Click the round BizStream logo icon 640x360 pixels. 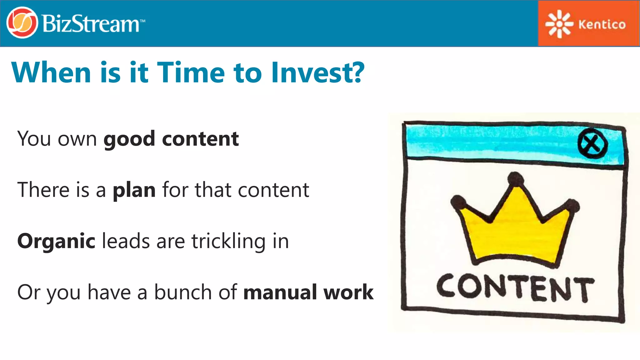pos(22,23)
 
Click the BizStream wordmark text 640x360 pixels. pos(91,24)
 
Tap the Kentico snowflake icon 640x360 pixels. pos(559,24)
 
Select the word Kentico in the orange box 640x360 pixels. pos(602,24)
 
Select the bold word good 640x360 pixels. pos(129,139)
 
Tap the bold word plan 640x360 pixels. pos(134,190)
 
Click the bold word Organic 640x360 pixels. pos(56,242)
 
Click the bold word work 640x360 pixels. pos(348,292)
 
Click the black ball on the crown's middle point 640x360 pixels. pos(515,179)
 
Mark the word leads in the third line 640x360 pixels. pos(126,242)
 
